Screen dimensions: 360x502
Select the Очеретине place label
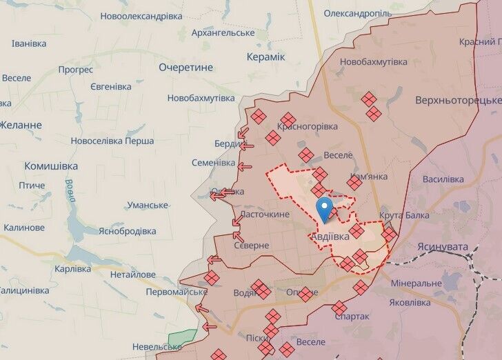tap(186, 67)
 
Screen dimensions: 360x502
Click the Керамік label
tap(266, 56)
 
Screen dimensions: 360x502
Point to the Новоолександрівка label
tap(141, 15)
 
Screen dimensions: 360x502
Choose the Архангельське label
tap(223, 32)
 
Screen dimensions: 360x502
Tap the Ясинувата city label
tap(443, 246)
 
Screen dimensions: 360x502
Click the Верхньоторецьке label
tap(458, 99)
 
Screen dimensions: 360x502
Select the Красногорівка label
tap(308, 126)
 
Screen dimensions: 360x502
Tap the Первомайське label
tap(177, 292)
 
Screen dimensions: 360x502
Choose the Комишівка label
tap(51, 166)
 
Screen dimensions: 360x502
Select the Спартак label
tap(352, 317)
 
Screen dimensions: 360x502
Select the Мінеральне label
tap(415, 283)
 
